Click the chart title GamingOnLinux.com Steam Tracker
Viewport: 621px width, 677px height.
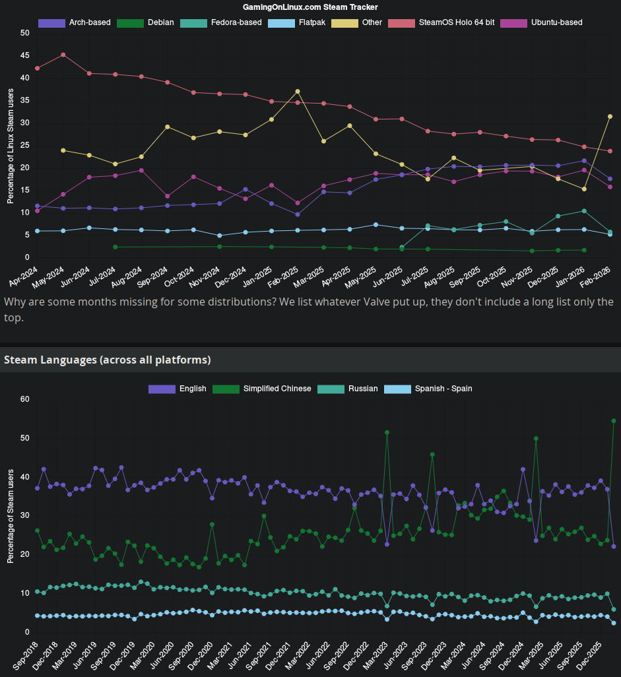tap(310, 7)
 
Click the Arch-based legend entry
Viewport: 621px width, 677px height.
tap(75, 22)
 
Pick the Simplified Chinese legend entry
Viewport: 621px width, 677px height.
tap(262, 389)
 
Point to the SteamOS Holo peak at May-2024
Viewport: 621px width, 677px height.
tap(63, 55)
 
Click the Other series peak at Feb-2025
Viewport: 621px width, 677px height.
tap(298, 91)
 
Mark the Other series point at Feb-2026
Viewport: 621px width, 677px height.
tap(610, 116)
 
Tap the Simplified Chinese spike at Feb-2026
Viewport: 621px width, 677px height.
tap(614, 420)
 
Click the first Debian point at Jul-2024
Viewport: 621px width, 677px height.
tap(115, 247)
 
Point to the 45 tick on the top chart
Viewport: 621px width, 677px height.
tap(25, 55)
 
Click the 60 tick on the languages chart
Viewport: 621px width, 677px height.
tap(25, 399)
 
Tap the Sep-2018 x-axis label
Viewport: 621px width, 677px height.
tap(24, 653)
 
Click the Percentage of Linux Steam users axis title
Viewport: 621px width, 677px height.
tap(10, 145)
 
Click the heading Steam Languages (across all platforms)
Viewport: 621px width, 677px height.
tap(108, 360)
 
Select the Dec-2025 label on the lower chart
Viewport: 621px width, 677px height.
tap(591, 653)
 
